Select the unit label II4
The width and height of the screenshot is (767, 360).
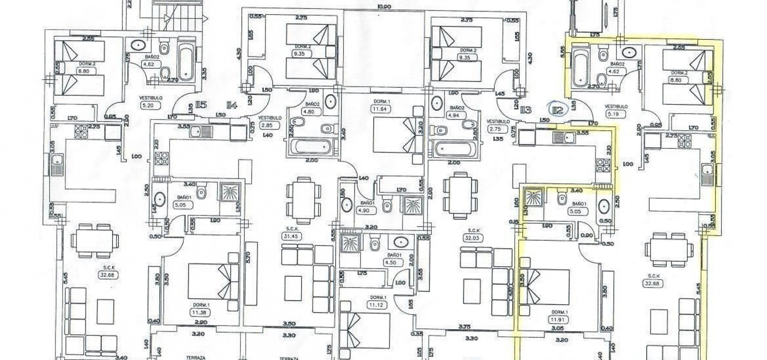click(232, 106)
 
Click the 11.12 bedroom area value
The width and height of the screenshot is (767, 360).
click(378, 305)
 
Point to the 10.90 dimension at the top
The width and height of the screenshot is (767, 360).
click(384, 7)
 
